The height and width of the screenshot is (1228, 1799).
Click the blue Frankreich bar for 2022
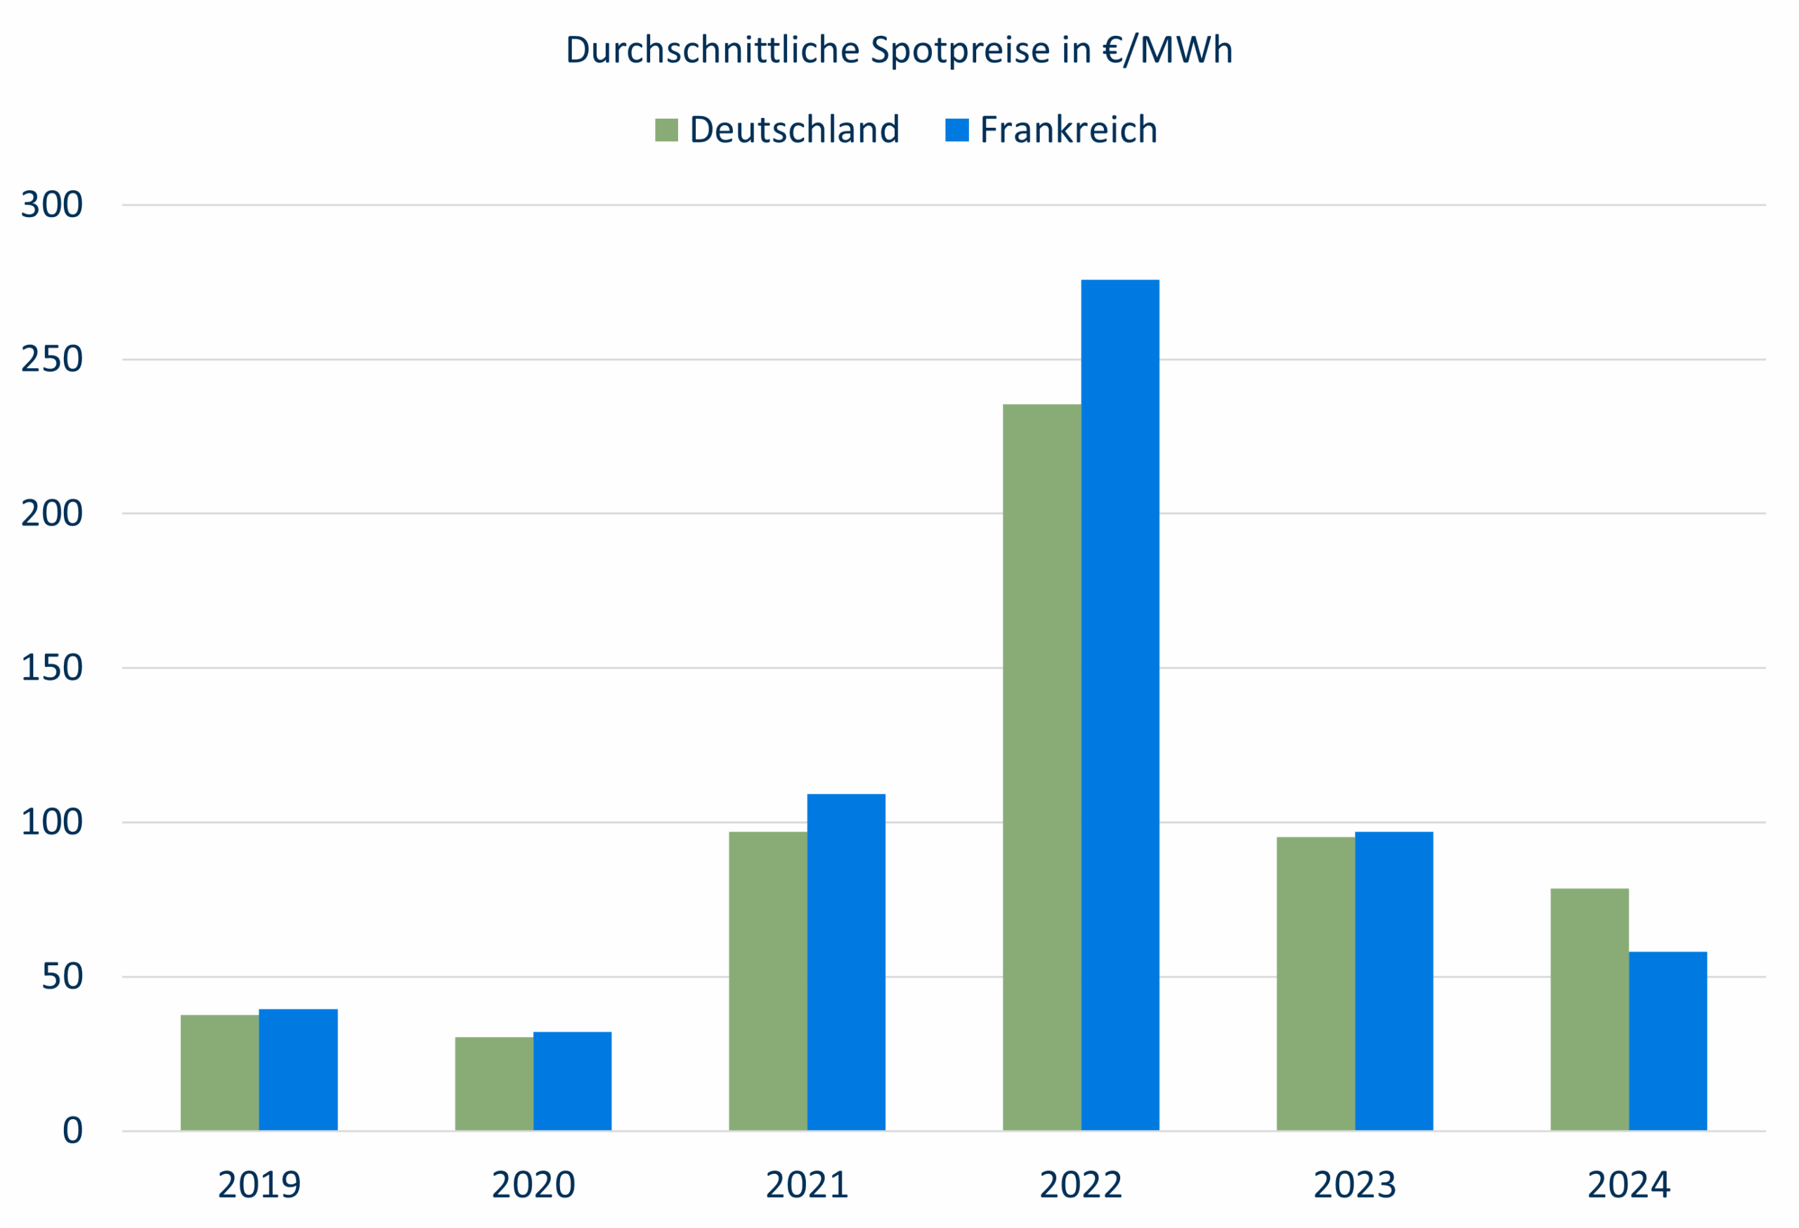(1119, 704)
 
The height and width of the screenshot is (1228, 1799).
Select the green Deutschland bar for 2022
(1041, 766)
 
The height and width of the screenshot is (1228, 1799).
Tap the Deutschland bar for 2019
(220, 1073)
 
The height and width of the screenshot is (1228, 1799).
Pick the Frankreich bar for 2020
(572, 1081)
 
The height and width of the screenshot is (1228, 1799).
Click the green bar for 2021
(767, 981)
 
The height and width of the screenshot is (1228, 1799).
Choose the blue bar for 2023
(1394, 981)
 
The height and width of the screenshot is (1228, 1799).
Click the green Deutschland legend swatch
(665, 129)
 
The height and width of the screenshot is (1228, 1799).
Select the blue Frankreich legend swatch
(957, 129)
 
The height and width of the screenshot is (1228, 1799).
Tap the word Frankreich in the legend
(1068, 129)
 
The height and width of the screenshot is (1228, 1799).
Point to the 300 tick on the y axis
(51, 205)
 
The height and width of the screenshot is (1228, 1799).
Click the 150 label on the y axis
(51, 668)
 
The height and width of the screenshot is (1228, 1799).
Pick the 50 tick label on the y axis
(62, 976)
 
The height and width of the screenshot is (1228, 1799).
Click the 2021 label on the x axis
(807, 1185)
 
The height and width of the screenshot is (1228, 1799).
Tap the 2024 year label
(1629, 1185)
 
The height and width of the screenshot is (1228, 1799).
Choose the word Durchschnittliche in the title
(712, 51)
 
